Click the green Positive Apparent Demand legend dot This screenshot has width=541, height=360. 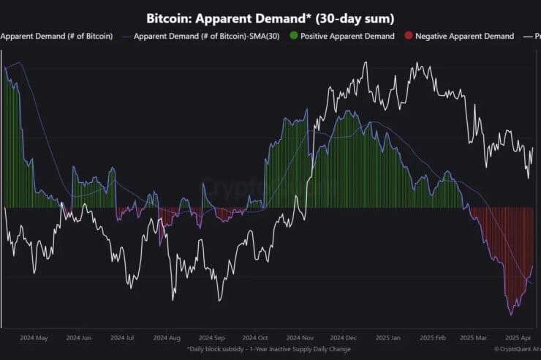click(294, 36)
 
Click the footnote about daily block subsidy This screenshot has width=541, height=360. click(268, 349)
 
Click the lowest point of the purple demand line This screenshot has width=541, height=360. click(511, 315)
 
